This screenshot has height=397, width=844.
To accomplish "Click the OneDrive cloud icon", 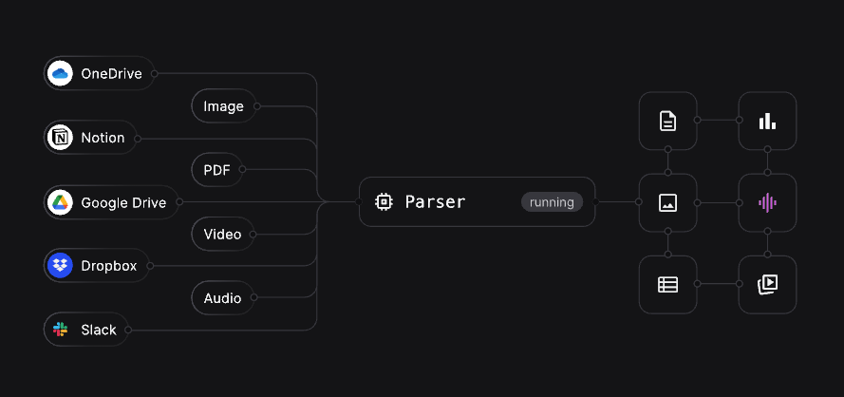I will [x=61, y=74].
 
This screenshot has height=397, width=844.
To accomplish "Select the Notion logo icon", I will [x=61, y=138].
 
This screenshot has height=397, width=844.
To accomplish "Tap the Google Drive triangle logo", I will [x=61, y=202].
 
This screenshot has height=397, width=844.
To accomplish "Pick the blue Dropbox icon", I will [x=61, y=266].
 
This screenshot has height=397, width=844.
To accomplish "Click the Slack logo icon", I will [x=61, y=330].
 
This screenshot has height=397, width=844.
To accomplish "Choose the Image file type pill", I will [x=223, y=106].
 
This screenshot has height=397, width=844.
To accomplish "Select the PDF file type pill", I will [x=216, y=171].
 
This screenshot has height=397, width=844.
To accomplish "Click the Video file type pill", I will [x=222, y=235].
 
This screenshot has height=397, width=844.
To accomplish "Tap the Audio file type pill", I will [x=222, y=298].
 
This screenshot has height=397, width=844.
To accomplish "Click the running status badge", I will [x=552, y=202].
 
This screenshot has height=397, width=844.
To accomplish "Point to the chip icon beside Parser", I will [x=384, y=202].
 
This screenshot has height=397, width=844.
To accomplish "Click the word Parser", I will [x=435, y=202].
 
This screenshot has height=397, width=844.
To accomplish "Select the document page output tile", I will [x=668, y=121].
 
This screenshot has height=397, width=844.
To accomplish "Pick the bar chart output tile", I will [x=767, y=121].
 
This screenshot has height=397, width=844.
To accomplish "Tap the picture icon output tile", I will [x=668, y=202].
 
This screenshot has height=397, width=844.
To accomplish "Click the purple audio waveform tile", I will [x=767, y=202].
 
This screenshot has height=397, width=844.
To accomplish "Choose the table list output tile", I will [x=668, y=284].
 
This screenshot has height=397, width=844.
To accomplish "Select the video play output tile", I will [x=767, y=284].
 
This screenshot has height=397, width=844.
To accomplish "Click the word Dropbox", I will [x=108, y=266].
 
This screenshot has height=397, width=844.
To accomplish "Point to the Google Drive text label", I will [x=123, y=202].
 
